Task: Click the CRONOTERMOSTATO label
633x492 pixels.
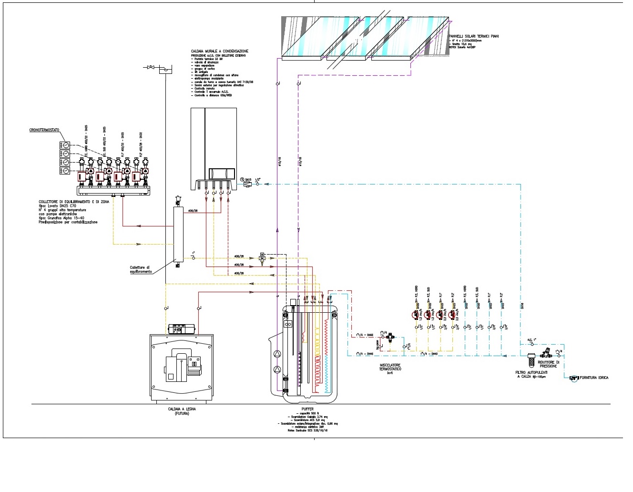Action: click(44, 130)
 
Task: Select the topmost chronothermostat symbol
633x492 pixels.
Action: click(65, 145)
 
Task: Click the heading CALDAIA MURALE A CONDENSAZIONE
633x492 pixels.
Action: click(219, 51)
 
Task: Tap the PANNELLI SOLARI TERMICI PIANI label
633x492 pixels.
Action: click(474, 36)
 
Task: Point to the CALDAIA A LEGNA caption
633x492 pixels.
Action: click(182, 409)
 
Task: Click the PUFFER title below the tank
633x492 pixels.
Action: click(307, 409)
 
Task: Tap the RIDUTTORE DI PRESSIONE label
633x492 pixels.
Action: click(548, 364)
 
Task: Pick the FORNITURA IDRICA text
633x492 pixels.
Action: click(594, 378)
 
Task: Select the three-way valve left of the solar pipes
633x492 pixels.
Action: click(262, 258)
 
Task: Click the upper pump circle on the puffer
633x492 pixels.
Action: click(277, 354)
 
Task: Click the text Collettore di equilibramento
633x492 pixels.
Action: click(141, 270)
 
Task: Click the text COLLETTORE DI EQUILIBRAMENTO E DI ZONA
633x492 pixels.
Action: click(73, 202)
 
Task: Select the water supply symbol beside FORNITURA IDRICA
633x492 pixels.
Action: click(574, 378)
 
